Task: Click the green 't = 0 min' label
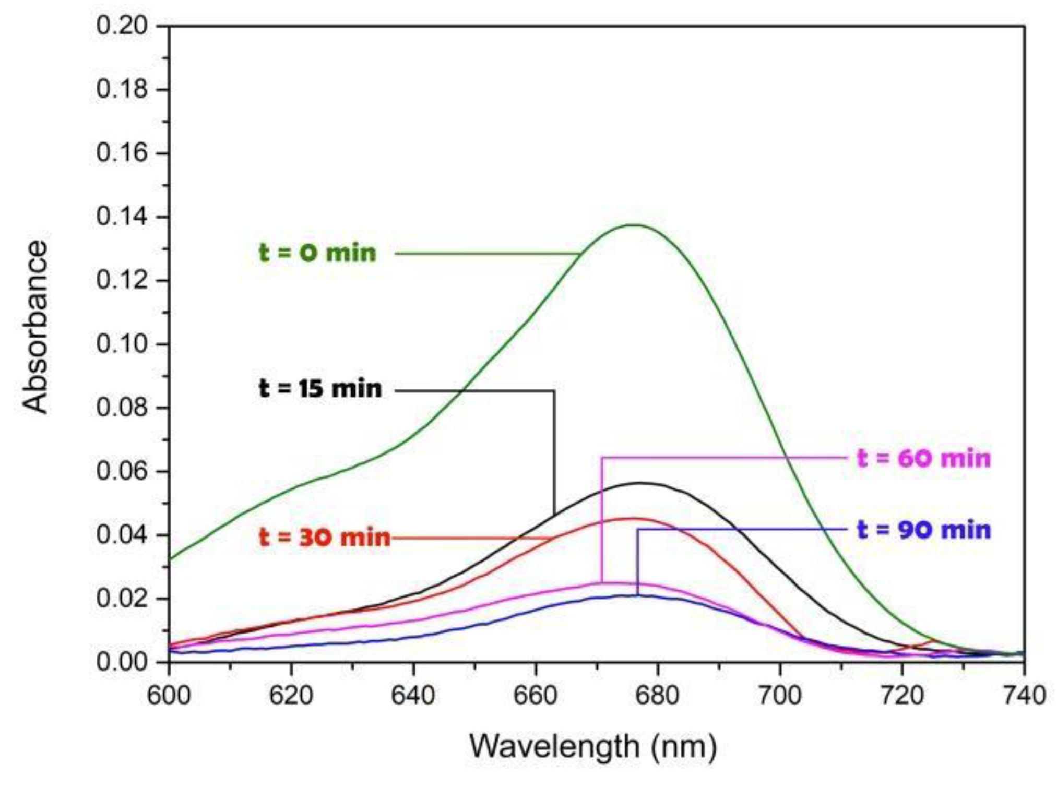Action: tap(317, 253)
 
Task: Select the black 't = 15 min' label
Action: tap(320, 389)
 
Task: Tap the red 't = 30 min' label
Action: tap(325, 538)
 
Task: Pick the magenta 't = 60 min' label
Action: tap(924, 459)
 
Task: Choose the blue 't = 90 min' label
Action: tap(924, 530)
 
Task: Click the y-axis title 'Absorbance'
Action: tap(35, 327)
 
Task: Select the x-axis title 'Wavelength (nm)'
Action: tap(593, 746)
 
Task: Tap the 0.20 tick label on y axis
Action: tap(122, 26)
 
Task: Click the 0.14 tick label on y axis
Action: tap(122, 217)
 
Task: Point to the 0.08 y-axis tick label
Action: tap(122, 408)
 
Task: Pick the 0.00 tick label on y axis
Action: tap(122, 662)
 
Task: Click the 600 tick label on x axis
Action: tap(169, 696)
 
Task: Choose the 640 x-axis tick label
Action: tap(413, 696)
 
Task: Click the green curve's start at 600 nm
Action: tap(170, 559)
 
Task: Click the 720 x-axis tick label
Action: tap(902, 696)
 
